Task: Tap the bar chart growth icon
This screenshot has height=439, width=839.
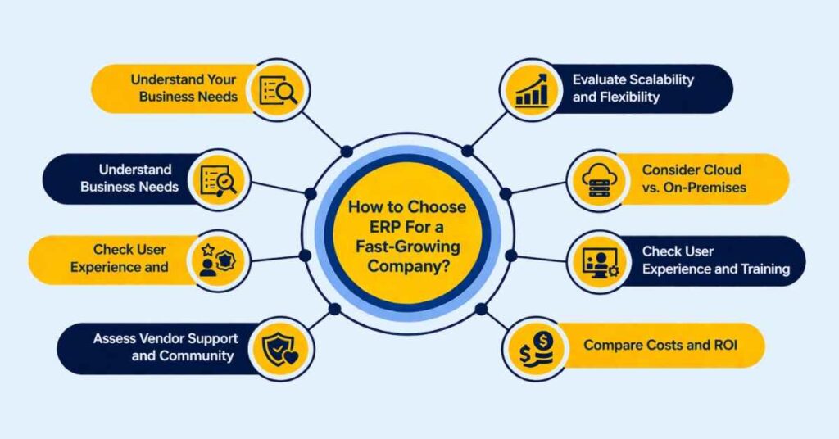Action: (532, 90)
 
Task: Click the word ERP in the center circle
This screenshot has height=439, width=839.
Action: (384, 227)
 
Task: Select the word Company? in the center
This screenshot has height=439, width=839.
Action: (408, 265)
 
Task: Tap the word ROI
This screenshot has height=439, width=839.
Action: (725, 345)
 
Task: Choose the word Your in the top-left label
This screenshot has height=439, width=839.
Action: (221, 79)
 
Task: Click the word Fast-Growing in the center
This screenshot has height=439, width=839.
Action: (407, 247)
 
